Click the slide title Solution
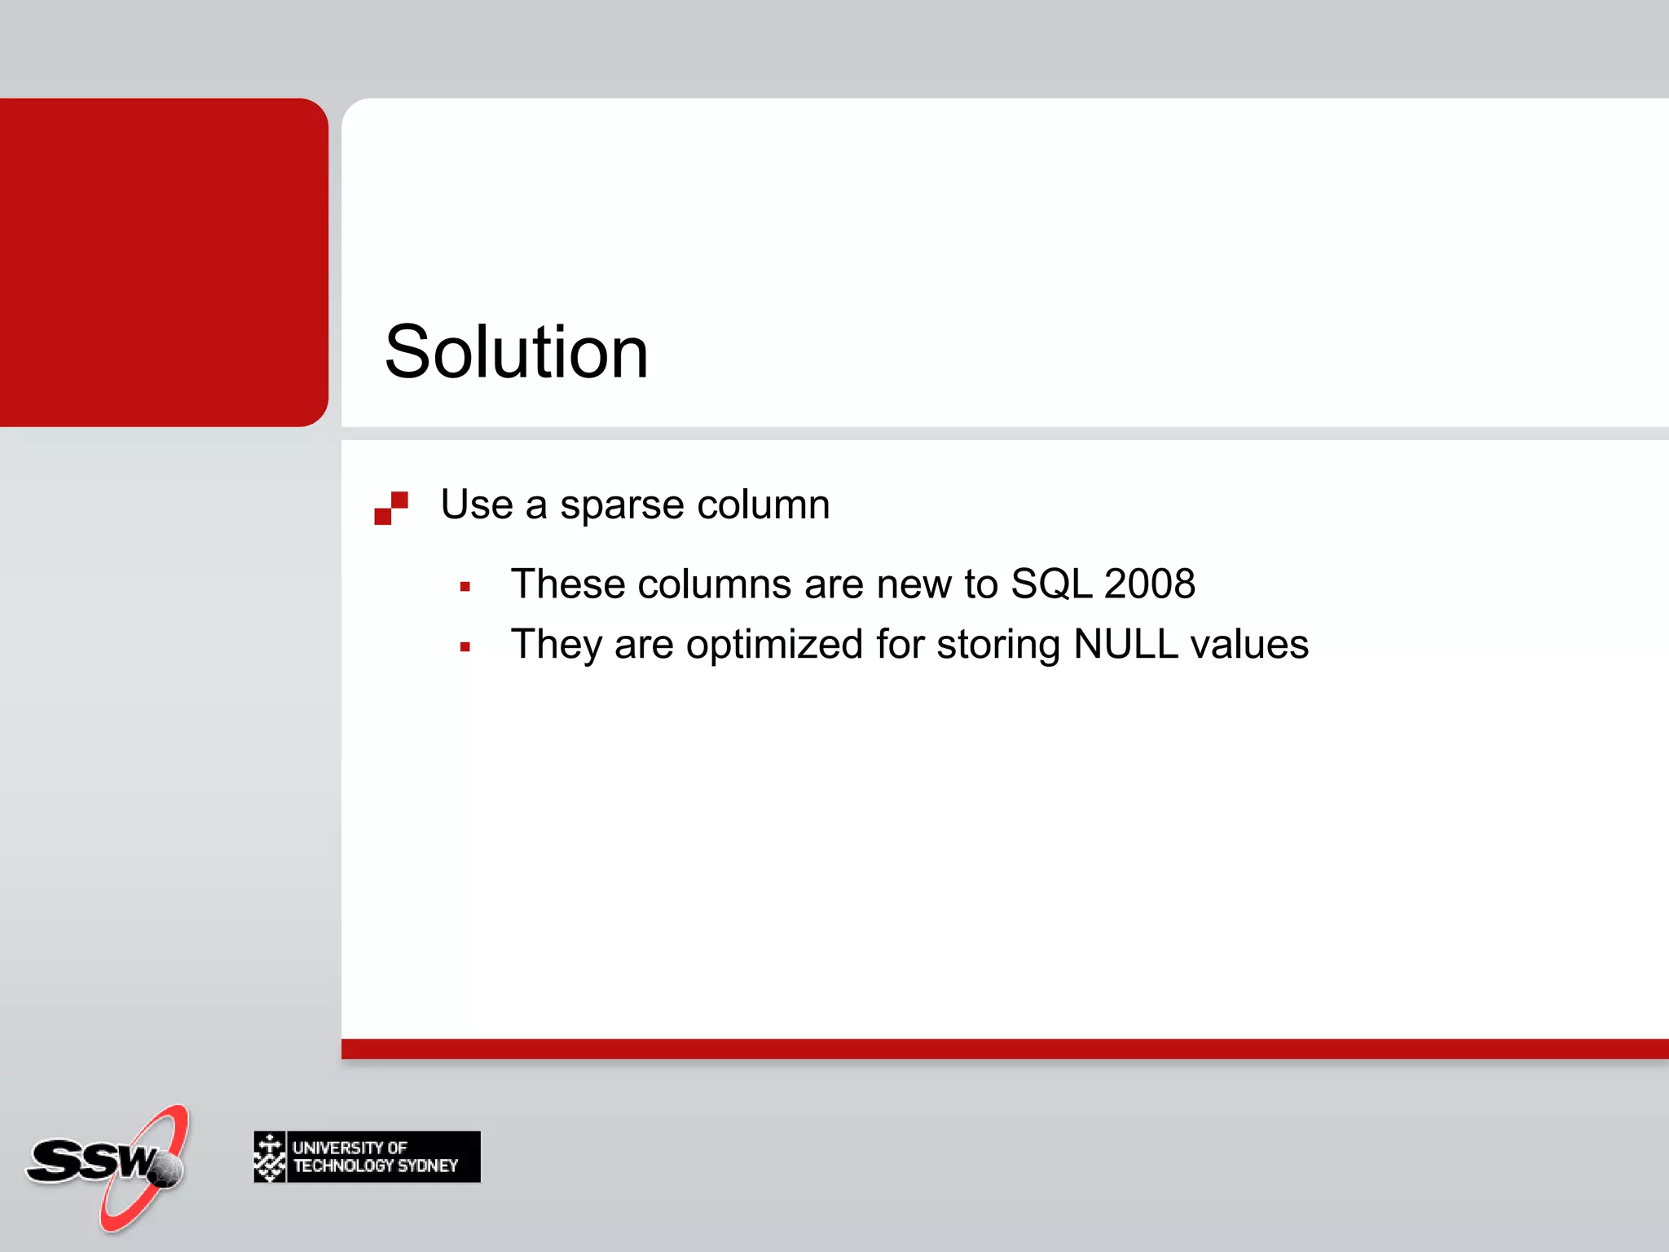[x=516, y=352]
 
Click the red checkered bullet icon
[x=391, y=508]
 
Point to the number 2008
[x=1149, y=584]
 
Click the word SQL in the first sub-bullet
[x=1051, y=584]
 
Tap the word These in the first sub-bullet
[x=568, y=584]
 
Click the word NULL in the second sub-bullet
[x=1125, y=645]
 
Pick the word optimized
[x=774, y=645]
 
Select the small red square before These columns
[x=465, y=587]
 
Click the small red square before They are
[x=465, y=647]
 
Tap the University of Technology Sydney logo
[x=367, y=1157]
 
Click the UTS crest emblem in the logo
[x=270, y=1157]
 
